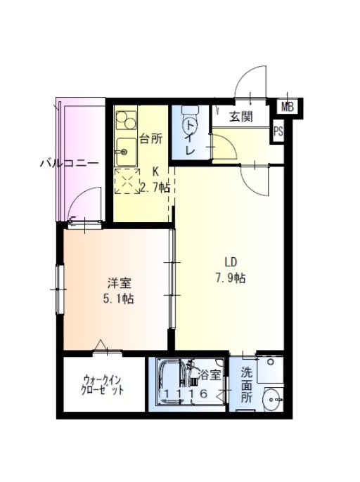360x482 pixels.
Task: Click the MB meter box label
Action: click(288, 108)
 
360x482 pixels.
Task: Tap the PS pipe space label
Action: click(278, 131)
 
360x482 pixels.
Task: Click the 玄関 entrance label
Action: click(241, 117)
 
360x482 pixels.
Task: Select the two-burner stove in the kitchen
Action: click(126, 119)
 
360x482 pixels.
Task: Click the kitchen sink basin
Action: click(126, 152)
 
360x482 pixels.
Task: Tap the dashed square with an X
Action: click(127, 181)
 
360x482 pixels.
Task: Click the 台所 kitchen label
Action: click(151, 139)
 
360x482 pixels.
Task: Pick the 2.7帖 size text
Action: click(155, 187)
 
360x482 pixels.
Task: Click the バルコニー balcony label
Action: click(70, 163)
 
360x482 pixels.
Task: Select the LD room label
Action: click(231, 262)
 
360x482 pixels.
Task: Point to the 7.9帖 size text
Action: click(231, 278)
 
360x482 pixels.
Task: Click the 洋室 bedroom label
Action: click(120, 282)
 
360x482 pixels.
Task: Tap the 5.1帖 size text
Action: click(118, 299)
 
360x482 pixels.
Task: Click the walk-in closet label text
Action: click(103, 385)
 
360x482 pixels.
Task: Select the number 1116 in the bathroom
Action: click(186, 393)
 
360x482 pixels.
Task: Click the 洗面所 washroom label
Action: click(247, 386)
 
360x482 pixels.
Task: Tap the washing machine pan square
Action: click(270, 370)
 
